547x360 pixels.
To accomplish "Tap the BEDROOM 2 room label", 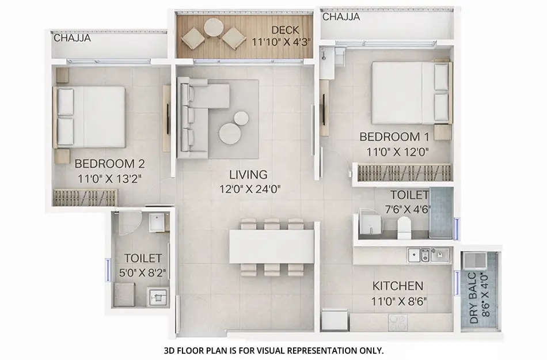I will point(109,163).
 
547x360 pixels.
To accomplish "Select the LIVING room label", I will point(248,174).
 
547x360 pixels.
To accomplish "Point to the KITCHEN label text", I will point(398,286).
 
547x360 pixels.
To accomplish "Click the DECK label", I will point(284,31).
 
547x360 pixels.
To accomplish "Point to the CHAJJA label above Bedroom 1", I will point(341,17).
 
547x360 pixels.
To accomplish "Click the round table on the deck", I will point(214,28).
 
